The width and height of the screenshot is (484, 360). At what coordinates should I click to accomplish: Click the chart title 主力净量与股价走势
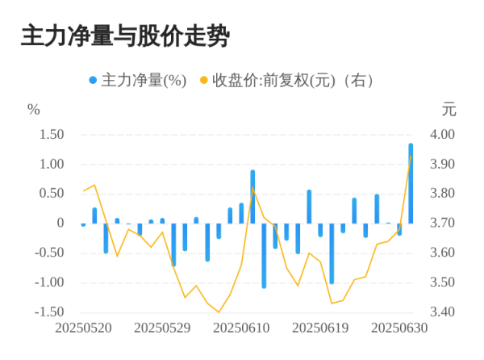pyautogui.click(x=125, y=36)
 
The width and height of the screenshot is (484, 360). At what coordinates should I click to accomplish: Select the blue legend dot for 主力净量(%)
pyautogui.click(x=93, y=81)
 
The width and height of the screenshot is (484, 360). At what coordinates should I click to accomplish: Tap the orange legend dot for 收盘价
pyautogui.click(x=204, y=81)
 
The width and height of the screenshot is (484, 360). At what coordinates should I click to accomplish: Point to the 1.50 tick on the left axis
pyautogui.click(x=51, y=135)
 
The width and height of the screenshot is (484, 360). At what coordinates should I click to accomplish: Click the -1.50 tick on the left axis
pyautogui.click(x=49, y=312)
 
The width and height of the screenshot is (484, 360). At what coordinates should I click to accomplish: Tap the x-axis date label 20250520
pyautogui.click(x=83, y=329)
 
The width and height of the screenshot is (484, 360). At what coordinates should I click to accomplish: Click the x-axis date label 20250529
pyautogui.click(x=162, y=329)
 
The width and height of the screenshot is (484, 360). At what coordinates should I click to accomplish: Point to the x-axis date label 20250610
pyautogui.click(x=241, y=329)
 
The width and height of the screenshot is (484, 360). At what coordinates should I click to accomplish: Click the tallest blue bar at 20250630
pyautogui.click(x=411, y=183)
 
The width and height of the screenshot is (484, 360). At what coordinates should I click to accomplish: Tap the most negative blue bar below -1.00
pyautogui.click(x=264, y=255)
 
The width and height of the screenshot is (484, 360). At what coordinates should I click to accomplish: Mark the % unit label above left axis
pyautogui.click(x=33, y=109)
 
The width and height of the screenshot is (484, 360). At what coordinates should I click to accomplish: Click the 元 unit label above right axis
pyautogui.click(x=449, y=109)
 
